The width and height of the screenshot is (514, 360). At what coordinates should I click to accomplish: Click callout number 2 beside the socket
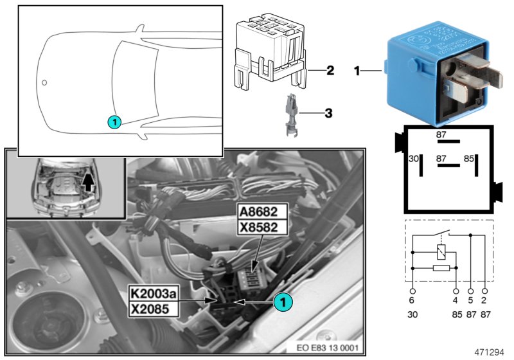[330, 69]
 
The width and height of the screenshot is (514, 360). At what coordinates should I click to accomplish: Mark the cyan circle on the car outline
[113, 120]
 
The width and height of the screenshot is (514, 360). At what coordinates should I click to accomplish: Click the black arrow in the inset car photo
[89, 183]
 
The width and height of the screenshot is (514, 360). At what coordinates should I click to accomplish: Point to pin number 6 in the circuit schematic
[412, 300]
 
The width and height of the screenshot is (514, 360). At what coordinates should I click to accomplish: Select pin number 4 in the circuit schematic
[456, 300]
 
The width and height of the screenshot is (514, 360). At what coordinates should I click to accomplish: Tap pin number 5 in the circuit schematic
[472, 300]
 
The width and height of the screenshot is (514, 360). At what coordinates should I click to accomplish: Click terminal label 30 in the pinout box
[414, 157]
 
